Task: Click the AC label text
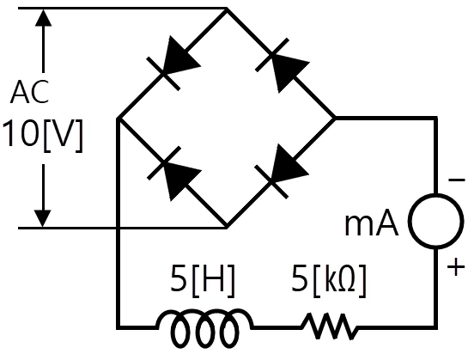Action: coord(29,92)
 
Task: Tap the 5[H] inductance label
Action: coord(203,280)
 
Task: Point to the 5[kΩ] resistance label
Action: coord(328,280)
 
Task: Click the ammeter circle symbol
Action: coord(436,221)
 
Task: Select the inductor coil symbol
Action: coord(205,328)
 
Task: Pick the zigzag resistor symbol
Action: coord(329,326)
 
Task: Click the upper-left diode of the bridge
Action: coord(174,63)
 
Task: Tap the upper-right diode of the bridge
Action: coord(283,65)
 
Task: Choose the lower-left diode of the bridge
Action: coord(174,174)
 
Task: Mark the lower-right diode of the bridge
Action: coord(281,171)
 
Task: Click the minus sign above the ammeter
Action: coord(456,180)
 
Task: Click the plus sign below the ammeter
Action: coord(456,267)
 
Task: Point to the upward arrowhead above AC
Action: coord(44,18)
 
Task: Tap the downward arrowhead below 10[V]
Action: coord(43,219)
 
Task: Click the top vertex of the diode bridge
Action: coord(227,9)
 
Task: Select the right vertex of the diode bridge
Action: coord(335,119)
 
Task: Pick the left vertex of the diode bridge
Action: coord(119,119)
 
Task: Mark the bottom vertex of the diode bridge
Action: coord(227,228)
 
